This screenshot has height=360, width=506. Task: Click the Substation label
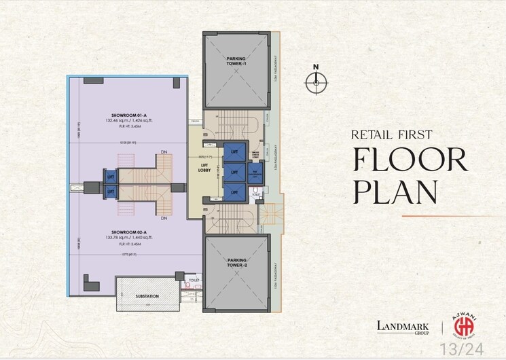pyautogui.click(x=147, y=296)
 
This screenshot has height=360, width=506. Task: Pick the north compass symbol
pyautogui.click(x=314, y=82)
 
